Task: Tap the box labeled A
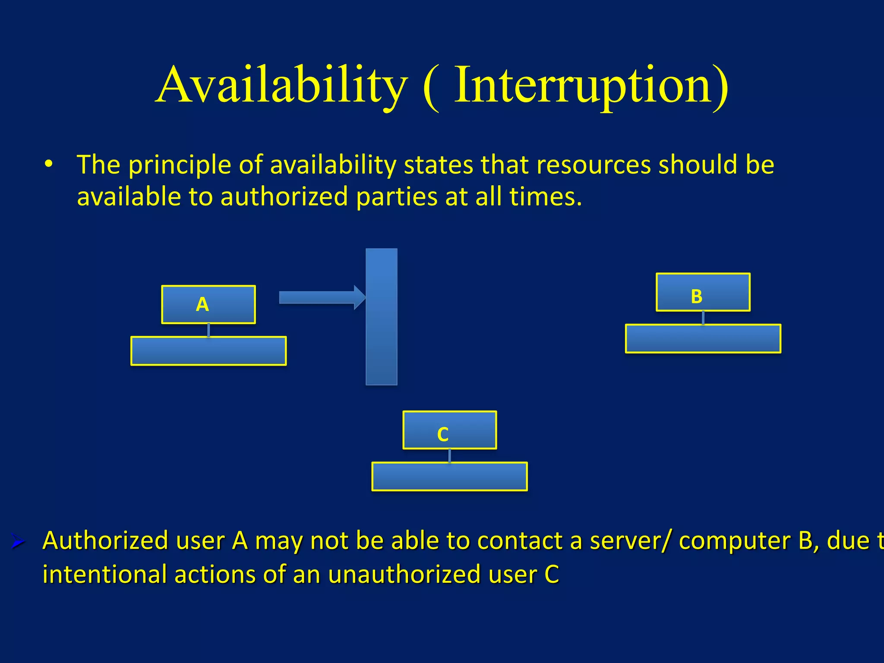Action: [208, 304]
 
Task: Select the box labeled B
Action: [703, 292]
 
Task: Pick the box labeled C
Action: [449, 430]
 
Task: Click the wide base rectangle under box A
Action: [208, 351]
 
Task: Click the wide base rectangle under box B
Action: [703, 339]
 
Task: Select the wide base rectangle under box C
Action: [449, 477]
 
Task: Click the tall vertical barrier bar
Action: [382, 316]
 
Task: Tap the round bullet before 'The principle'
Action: [48, 164]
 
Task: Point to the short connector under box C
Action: [449, 455]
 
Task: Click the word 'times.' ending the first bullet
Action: [546, 197]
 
